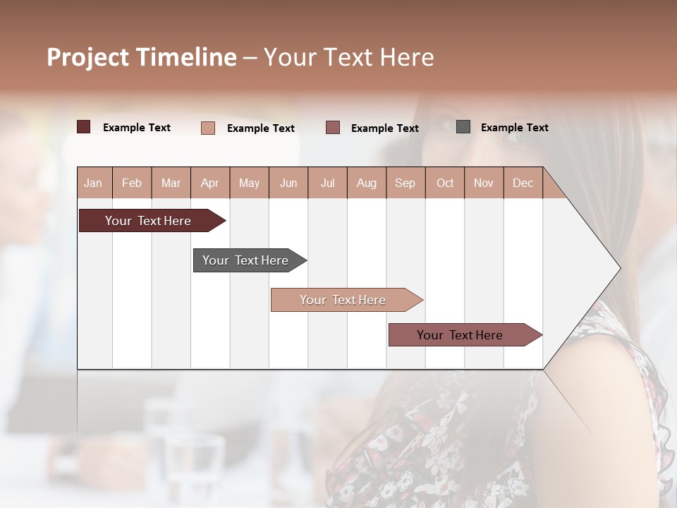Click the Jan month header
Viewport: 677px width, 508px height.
tap(94, 183)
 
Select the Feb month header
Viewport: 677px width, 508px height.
tap(132, 183)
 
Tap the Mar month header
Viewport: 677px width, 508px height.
tap(171, 183)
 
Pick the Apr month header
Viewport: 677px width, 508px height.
tap(210, 183)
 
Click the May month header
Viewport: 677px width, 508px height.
tap(249, 183)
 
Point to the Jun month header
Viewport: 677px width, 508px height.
tap(288, 183)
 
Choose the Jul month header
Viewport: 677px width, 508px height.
tap(327, 183)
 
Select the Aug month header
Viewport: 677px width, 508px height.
tap(367, 183)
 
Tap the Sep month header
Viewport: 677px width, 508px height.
tap(405, 183)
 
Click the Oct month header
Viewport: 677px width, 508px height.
tap(445, 183)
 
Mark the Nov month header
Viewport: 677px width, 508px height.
tap(484, 183)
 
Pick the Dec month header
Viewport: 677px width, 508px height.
tap(523, 183)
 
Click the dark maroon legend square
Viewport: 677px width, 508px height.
tap(83, 127)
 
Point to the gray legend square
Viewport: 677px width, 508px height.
tap(463, 127)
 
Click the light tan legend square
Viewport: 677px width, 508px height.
tap(208, 128)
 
